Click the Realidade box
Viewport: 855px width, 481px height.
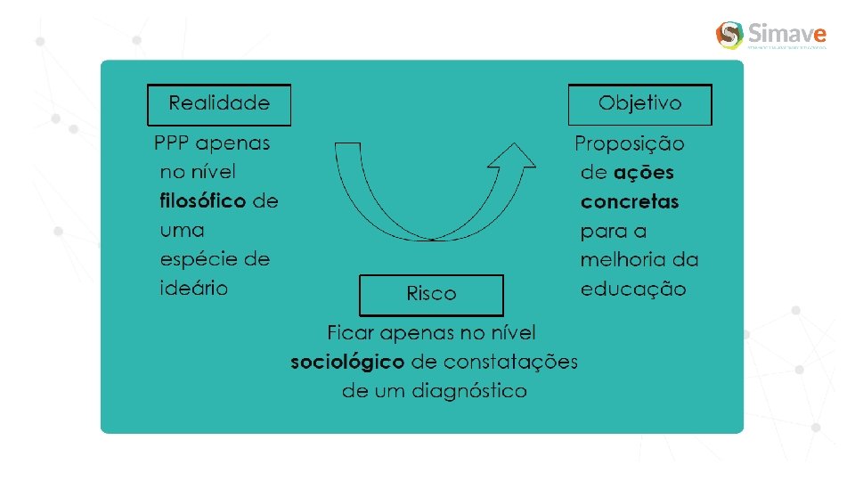click(x=219, y=104)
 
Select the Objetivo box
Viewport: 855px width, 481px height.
click(x=640, y=104)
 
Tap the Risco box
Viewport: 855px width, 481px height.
click(x=431, y=294)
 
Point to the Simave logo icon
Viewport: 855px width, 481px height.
click(x=729, y=36)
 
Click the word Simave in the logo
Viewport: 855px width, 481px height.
click(x=787, y=35)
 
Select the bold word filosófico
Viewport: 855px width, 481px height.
click(x=203, y=201)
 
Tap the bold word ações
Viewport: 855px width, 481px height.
click(x=644, y=173)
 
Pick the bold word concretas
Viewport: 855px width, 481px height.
click(x=630, y=202)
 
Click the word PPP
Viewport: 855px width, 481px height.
click(x=172, y=143)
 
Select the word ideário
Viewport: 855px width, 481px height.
click(x=194, y=289)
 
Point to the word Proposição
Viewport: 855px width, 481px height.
click(x=630, y=143)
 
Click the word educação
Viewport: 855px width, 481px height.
click(x=633, y=289)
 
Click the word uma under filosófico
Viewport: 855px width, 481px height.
click(x=182, y=231)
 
